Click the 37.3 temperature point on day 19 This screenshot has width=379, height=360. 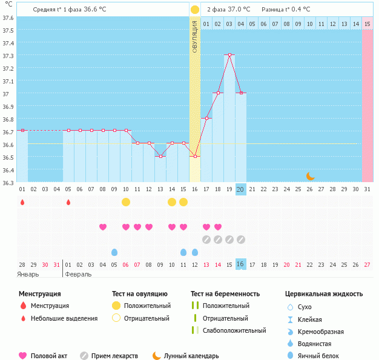tap(229, 55)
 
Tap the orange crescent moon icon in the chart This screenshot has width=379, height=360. tap(310, 175)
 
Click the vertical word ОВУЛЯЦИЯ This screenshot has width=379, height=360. tap(194, 36)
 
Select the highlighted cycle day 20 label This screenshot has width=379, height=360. tap(240, 189)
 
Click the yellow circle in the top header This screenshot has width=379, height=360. tap(194, 10)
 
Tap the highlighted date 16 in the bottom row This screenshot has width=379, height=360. tap(240, 264)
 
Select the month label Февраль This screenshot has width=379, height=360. tap(78, 274)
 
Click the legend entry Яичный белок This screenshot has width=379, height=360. tap(323, 356)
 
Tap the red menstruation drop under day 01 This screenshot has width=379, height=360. tap(22, 202)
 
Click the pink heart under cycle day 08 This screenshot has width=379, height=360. tap(103, 227)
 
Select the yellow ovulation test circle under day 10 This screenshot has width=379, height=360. tap(125, 201)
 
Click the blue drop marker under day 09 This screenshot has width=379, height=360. tap(114, 252)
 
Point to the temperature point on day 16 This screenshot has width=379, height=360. tap(194, 156)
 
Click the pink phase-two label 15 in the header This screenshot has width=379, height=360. tap(367, 24)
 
